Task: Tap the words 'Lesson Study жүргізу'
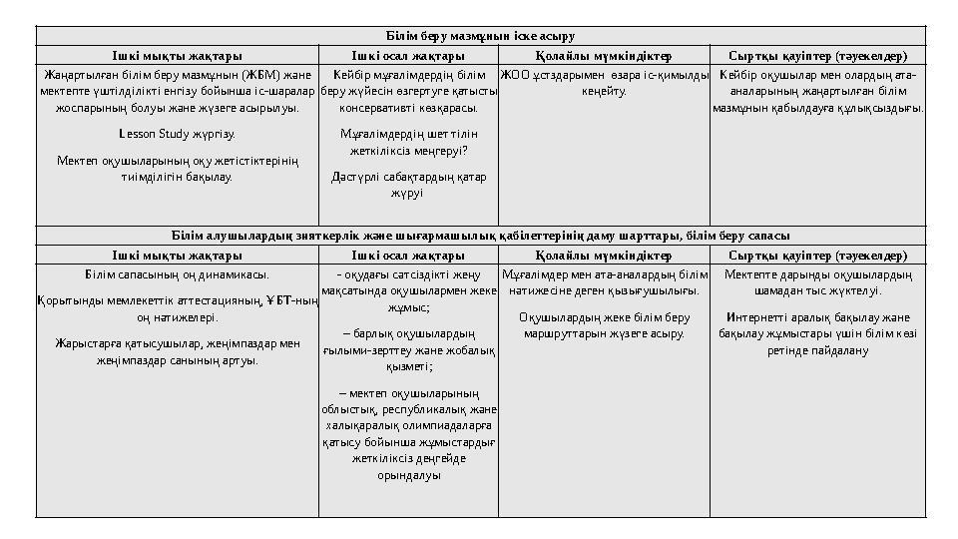pos(177,132)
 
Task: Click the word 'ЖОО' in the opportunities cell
pos(515,74)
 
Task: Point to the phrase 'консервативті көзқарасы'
pos(408,107)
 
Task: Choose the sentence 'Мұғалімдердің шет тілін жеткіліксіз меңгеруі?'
pos(408,141)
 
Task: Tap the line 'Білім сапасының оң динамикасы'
pos(177,273)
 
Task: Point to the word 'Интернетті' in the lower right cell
pos(757,317)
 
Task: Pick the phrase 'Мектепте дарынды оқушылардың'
pos(817,273)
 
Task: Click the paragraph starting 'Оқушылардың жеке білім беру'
pos(604,325)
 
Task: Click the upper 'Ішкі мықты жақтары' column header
pos(177,56)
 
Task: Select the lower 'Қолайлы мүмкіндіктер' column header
pos(604,256)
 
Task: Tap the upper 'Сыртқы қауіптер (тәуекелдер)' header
pos(817,56)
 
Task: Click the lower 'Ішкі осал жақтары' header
pos(408,256)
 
